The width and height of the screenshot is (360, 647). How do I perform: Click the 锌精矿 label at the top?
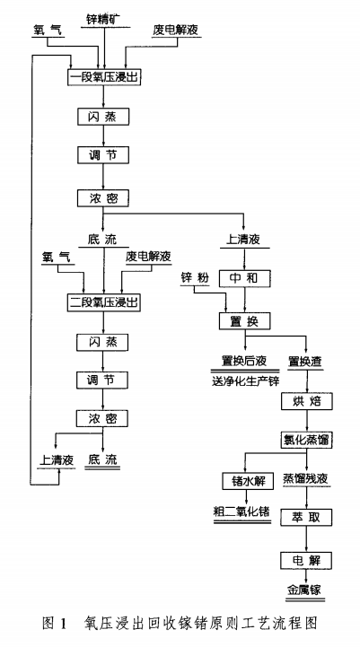pos(105,18)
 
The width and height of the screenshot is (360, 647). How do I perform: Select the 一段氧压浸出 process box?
pos(104,78)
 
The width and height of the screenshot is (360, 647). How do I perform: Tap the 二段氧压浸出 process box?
pos(104,302)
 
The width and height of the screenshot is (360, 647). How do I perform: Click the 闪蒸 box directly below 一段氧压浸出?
pos(104,117)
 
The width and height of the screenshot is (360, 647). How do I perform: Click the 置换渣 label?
pos(305,361)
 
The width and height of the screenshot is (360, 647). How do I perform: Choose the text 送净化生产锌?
pos(245,380)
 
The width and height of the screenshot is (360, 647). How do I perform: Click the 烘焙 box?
pos(305,400)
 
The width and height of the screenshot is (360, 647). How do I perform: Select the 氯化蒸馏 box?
pos(305,440)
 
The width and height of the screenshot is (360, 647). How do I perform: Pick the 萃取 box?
pos(305,519)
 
